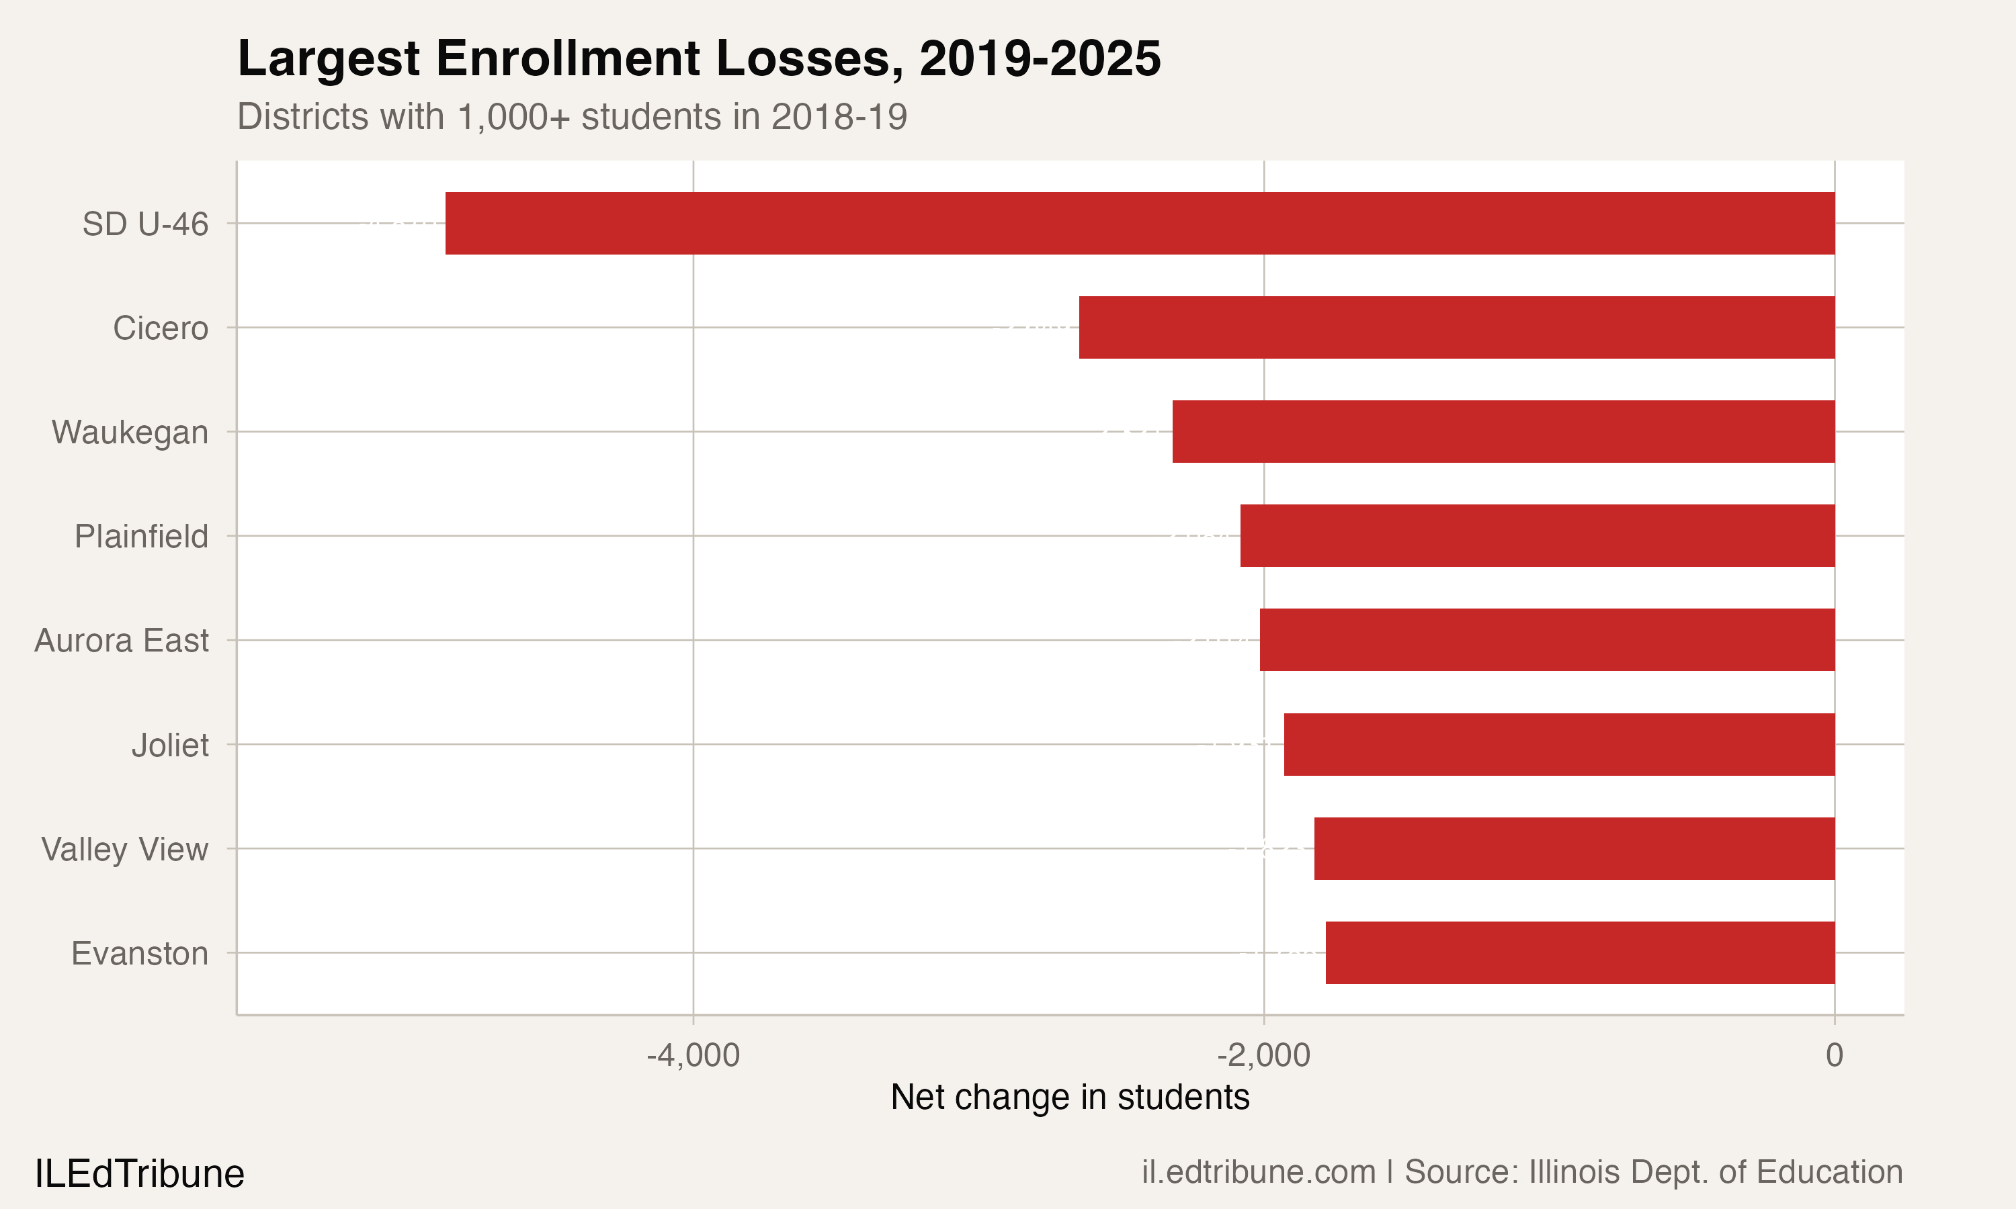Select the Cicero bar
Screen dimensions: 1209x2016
1456,328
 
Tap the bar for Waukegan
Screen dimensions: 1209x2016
1503,432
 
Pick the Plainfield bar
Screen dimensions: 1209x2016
1537,536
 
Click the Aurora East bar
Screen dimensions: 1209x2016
1547,640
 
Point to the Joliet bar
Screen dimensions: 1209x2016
1559,745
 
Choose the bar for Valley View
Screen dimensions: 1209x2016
1574,849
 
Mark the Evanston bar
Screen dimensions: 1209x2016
1579,953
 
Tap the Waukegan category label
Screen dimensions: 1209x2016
130,433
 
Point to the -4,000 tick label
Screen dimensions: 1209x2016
693,1056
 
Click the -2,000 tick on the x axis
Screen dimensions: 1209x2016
1263,1056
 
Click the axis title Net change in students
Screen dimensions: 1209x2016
1069,1098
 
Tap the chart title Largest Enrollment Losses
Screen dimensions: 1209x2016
698,58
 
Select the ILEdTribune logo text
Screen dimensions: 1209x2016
139,1174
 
